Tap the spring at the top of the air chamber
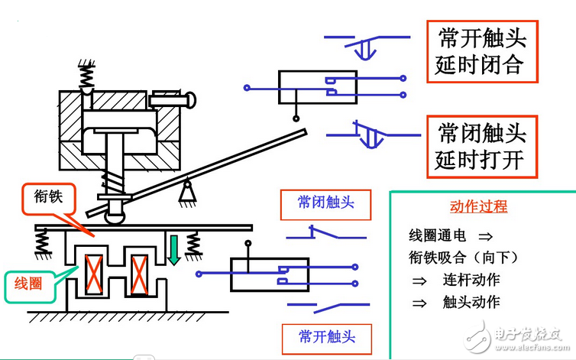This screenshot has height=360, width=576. (88, 73)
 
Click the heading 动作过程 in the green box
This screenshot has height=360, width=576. (479, 207)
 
